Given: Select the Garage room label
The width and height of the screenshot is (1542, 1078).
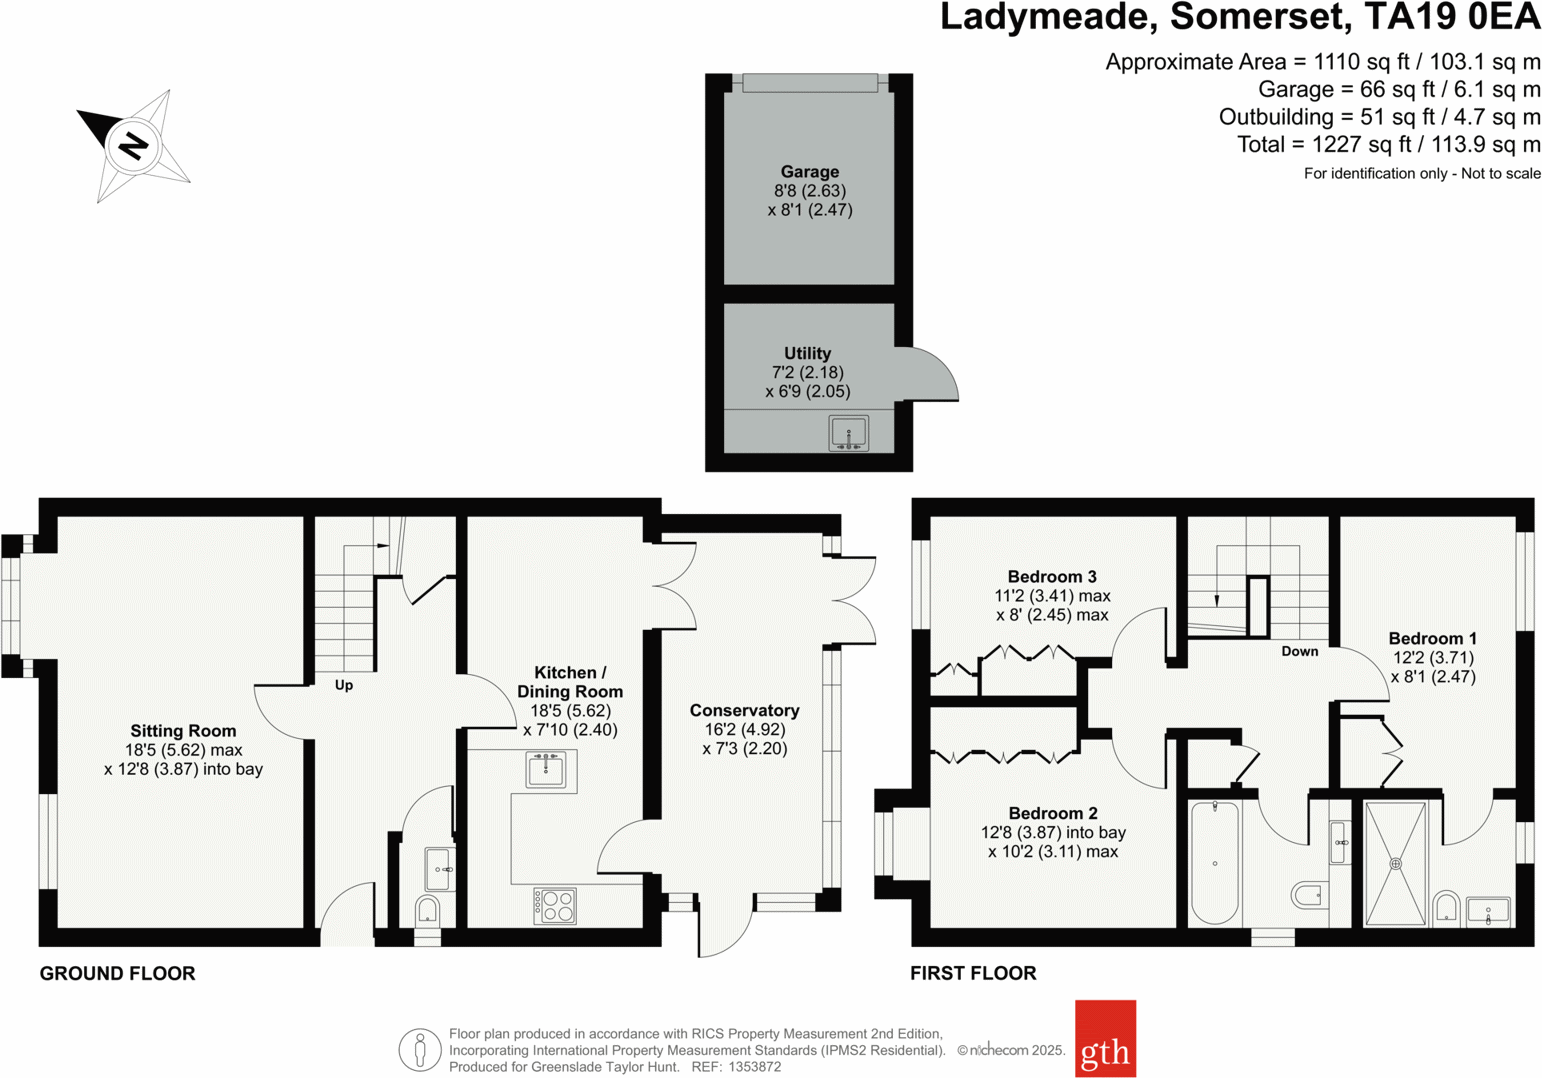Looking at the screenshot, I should pyautogui.click(x=809, y=172).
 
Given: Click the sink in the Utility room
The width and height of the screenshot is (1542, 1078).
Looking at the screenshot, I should pyautogui.click(x=848, y=434).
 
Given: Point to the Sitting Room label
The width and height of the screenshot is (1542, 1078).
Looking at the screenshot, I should pyautogui.click(x=183, y=731).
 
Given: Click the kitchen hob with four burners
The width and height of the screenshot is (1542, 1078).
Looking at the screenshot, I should pyautogui.click(x=555, y=906).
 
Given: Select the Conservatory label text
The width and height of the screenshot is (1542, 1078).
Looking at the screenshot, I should pyautogui.click(x=744, y=711).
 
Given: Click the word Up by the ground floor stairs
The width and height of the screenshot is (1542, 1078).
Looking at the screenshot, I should pyautogui.click(x=344, y=685).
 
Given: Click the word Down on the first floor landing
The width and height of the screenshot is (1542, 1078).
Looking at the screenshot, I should pyautogui.click(x=1299, y=651).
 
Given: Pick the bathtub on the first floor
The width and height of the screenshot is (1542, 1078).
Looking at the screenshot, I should pyautogui.click(x=1215, y=862).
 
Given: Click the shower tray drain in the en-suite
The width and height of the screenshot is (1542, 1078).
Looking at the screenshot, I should pyautogui.click(x=1395, y=863).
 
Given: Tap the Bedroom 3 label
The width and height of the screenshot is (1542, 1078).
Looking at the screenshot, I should pyautogui.click(x=1052, y=577).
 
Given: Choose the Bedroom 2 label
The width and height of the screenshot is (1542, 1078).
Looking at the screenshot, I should pyautogui.click(x=1052, y=813).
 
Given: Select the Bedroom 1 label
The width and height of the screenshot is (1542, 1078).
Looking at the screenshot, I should pyautogui.click(x=1432, y=639).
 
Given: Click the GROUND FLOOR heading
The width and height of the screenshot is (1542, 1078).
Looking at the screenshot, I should pyautogui.click(x=117, y=973).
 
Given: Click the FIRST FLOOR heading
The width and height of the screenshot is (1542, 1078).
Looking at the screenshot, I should pyautogui.click(x=972, y=973).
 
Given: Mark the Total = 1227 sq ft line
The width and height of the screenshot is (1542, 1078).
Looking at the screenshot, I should pyautogui.click(x=1388, y=145).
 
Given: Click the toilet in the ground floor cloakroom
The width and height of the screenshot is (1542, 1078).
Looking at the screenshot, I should pyautogui.click(x=427, y=911).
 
